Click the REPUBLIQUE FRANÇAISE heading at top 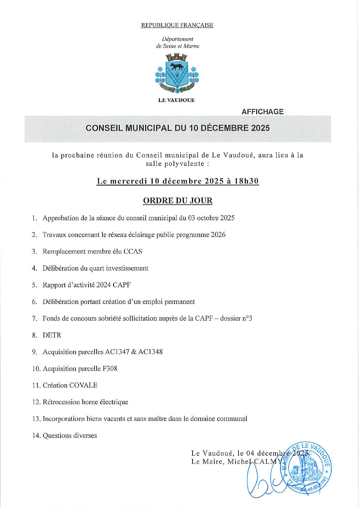[x=177, y=26]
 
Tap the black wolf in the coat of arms [x=177, y=66]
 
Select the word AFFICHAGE [x=262, y=112]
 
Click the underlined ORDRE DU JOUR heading [x=178, y=201]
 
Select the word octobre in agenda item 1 [x=208, y=218]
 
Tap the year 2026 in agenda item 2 [x=218, y=235]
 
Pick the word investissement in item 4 [x=127, y=268]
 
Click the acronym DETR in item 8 [x=52, y=335]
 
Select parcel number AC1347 [x=121, y=352]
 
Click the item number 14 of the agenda [x=36, y=436]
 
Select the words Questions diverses [x=70, y=436]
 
